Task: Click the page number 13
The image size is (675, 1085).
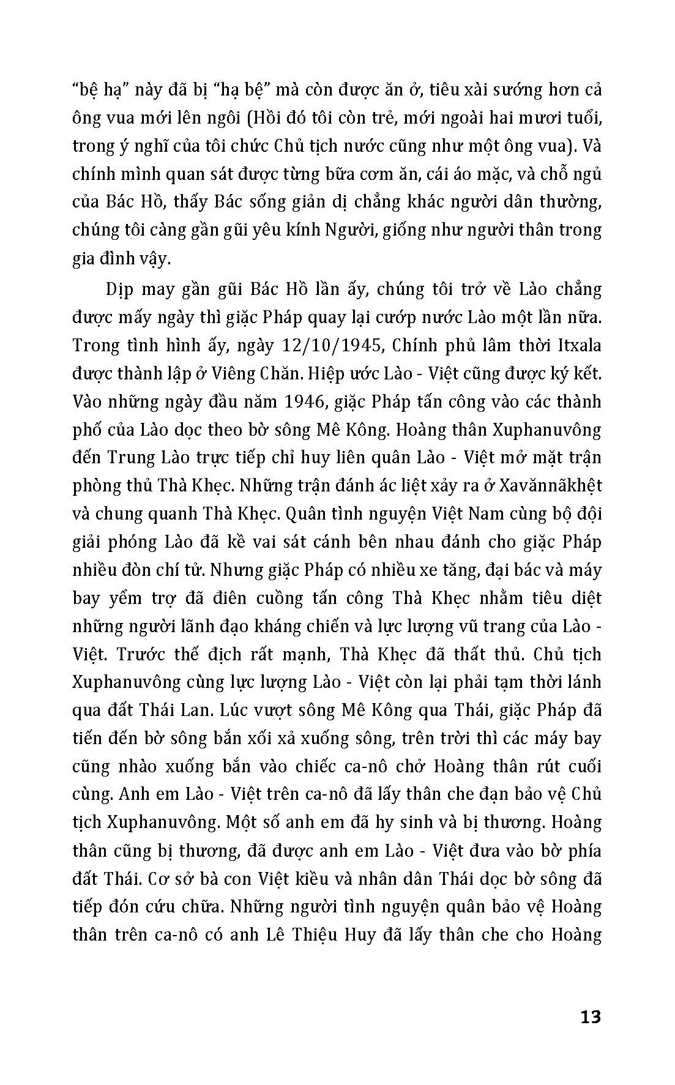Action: point(590,1016)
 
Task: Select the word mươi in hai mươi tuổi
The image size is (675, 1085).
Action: point(527,118)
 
